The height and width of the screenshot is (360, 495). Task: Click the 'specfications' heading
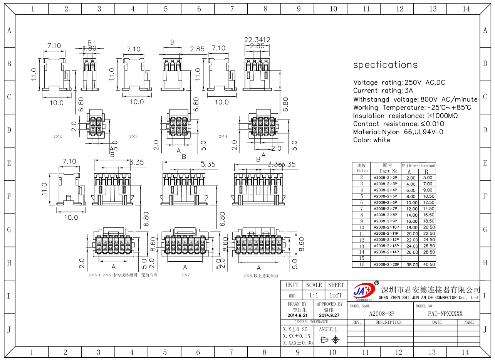(385, 65)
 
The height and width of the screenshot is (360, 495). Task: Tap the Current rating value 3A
(409, 91)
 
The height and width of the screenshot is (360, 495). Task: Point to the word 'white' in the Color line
(382, 140)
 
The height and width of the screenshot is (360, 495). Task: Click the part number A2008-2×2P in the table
(385, 178)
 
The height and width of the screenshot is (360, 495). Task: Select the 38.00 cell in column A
(411, 265)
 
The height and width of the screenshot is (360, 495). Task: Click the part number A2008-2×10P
(386, 227)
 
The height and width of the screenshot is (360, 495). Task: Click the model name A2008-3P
(381, 314)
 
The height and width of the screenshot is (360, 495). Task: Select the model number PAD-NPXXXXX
(445, 314)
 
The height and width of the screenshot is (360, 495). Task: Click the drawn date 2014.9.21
(297, 315)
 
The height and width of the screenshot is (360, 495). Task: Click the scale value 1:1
(314, 296)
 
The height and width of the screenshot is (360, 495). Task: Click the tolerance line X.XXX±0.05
(298, 343)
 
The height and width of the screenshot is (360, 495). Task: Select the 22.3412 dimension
(257, 40)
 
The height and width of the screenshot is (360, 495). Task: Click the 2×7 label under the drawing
(186, 275)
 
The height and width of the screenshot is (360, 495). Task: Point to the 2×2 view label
(58, 136)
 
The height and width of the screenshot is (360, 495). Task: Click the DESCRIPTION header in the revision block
(388, 322)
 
